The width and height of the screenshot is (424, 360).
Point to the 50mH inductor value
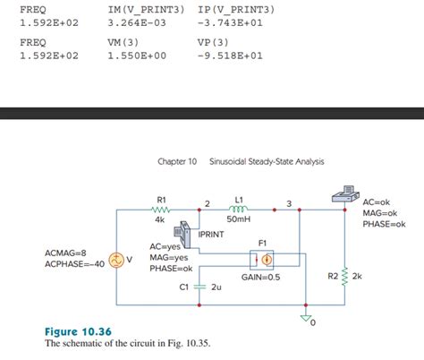coord(239,219)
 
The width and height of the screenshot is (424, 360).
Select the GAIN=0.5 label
coord(260,278)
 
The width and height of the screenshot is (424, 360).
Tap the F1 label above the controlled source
coord(263,243)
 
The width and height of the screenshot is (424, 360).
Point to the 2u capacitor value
coord(216,287)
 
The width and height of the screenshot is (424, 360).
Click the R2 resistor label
coord(332,276)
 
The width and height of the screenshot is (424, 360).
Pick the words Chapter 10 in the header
coord(176,161)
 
